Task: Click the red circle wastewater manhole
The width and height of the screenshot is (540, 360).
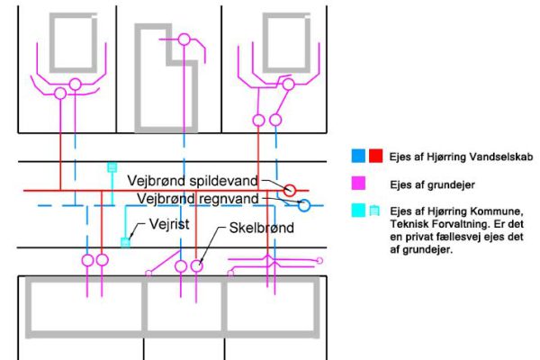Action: [x=290, y=190]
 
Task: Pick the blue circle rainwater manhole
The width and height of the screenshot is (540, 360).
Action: [x=304, y=205]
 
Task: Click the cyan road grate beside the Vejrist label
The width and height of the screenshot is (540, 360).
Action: [x=125, y=241]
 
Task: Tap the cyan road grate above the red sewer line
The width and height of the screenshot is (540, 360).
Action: [x=112, y=167]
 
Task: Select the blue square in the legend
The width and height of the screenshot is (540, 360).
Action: [x=357, y=156]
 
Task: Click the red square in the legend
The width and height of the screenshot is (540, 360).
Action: [x=374, y=156]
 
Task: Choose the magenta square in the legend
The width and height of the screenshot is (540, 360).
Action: [x=357, y=183]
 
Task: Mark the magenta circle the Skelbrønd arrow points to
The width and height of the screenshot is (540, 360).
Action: [x=197, y=266]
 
